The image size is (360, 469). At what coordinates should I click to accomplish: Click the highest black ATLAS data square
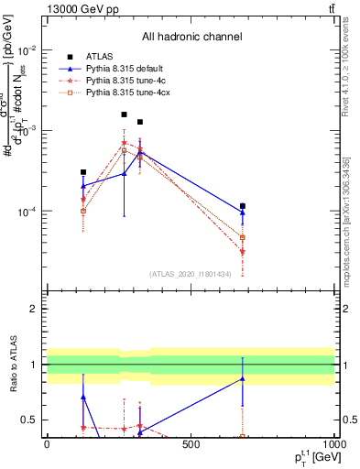[x=124, y=115]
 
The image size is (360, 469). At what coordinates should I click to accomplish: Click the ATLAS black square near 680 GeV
[x=243, y=206]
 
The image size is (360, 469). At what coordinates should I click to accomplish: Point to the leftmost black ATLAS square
[x=83, y=171]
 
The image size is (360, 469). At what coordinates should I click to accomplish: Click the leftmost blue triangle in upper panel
[x=83, y=186]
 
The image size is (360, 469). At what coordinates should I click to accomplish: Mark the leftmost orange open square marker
[x=83, y=211]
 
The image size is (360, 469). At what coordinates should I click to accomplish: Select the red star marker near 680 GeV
[x=243, y=251]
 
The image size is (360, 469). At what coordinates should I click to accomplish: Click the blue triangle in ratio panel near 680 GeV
[x=243, y=378]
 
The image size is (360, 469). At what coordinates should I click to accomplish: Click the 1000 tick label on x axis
[x=333, y=445]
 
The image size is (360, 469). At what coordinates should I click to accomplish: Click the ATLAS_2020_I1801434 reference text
[x=191, y=273]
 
